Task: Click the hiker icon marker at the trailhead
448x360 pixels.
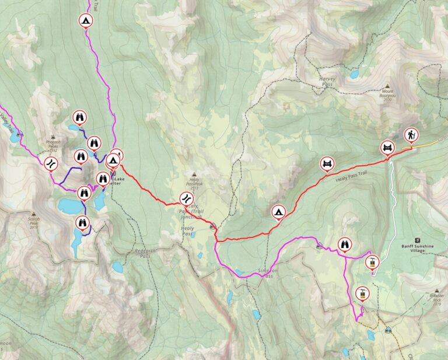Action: click(411, 135)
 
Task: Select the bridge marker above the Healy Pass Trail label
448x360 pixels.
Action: click(328, 163)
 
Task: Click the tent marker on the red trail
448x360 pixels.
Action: click(278, 211)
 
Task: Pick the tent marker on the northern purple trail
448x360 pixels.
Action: click(86, 21)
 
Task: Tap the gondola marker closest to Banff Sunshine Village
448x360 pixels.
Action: click(370, 263)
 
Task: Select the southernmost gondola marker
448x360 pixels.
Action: click(362, 293)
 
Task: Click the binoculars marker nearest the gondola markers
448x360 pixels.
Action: click(345, 244)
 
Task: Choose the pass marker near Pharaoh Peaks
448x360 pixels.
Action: click(51, 163)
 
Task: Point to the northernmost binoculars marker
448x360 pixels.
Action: click(79, 117)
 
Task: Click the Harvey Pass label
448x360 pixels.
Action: click(328, 81)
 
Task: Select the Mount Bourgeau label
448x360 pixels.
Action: click(388, 95)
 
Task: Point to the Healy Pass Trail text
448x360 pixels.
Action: click(353, 181)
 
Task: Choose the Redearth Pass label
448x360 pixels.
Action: click(141, 253)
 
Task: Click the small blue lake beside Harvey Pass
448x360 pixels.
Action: click(354, 74)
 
